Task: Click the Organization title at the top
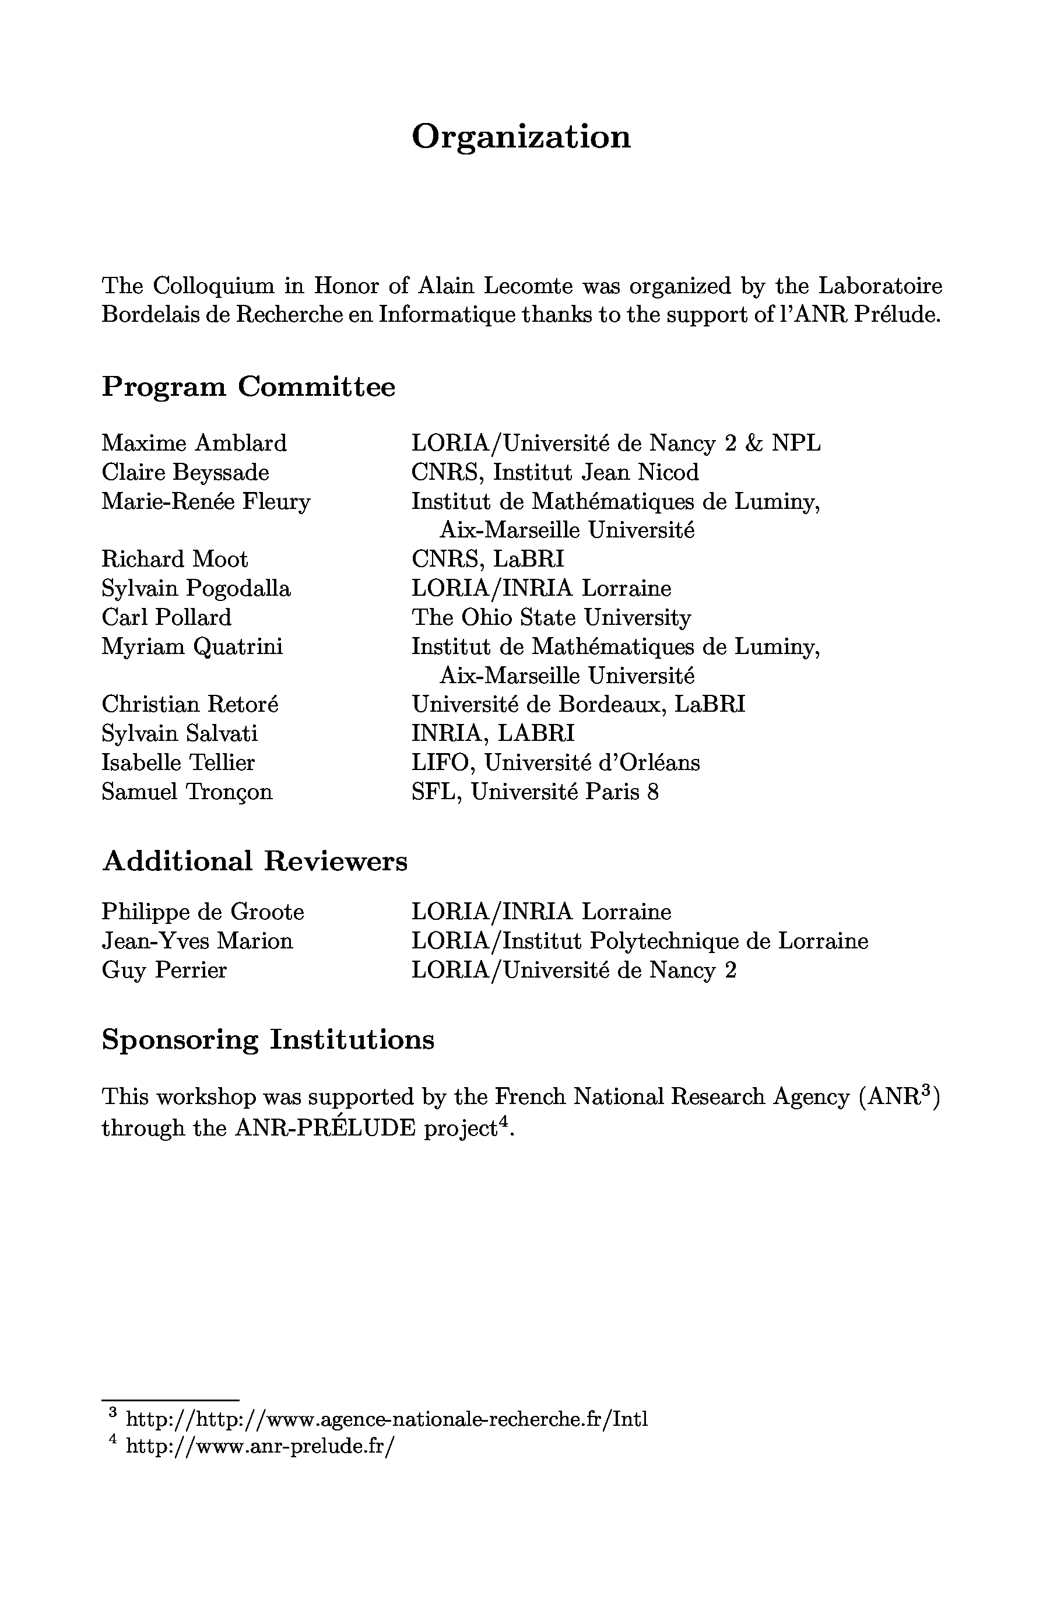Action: pyautogui.click(x=521, y=137)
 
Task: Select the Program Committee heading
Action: pyautogui.click(x=248, y=387)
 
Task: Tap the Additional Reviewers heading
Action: pyautogui.click(x=255, y=862)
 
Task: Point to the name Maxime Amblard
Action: pyautogui.click(x=194, y=443)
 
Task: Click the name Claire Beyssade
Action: pyautogui.click(x=185, y=472)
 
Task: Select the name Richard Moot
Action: pyautogui.click(x=174, y=559)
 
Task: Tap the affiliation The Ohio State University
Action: pyautogui.click(x=551, y=618)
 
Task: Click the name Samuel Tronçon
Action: pyautogui.click(x=187, y=792)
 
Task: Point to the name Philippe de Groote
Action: pyautogui.click(x=203, y=912)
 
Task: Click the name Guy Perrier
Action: pyautogui.click(x=164, y=970)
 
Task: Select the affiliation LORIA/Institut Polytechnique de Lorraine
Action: pyautogui.click(x=640, y=941)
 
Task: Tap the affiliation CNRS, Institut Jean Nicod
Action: pyautogui.click(x=555, y=472)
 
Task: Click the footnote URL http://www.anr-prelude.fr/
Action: pyautogui.click(x=259, y=1446)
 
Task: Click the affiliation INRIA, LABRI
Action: pyautogui.click(x=493, y=733)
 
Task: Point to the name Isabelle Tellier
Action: pyautogui.click(x=178, y=762)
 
